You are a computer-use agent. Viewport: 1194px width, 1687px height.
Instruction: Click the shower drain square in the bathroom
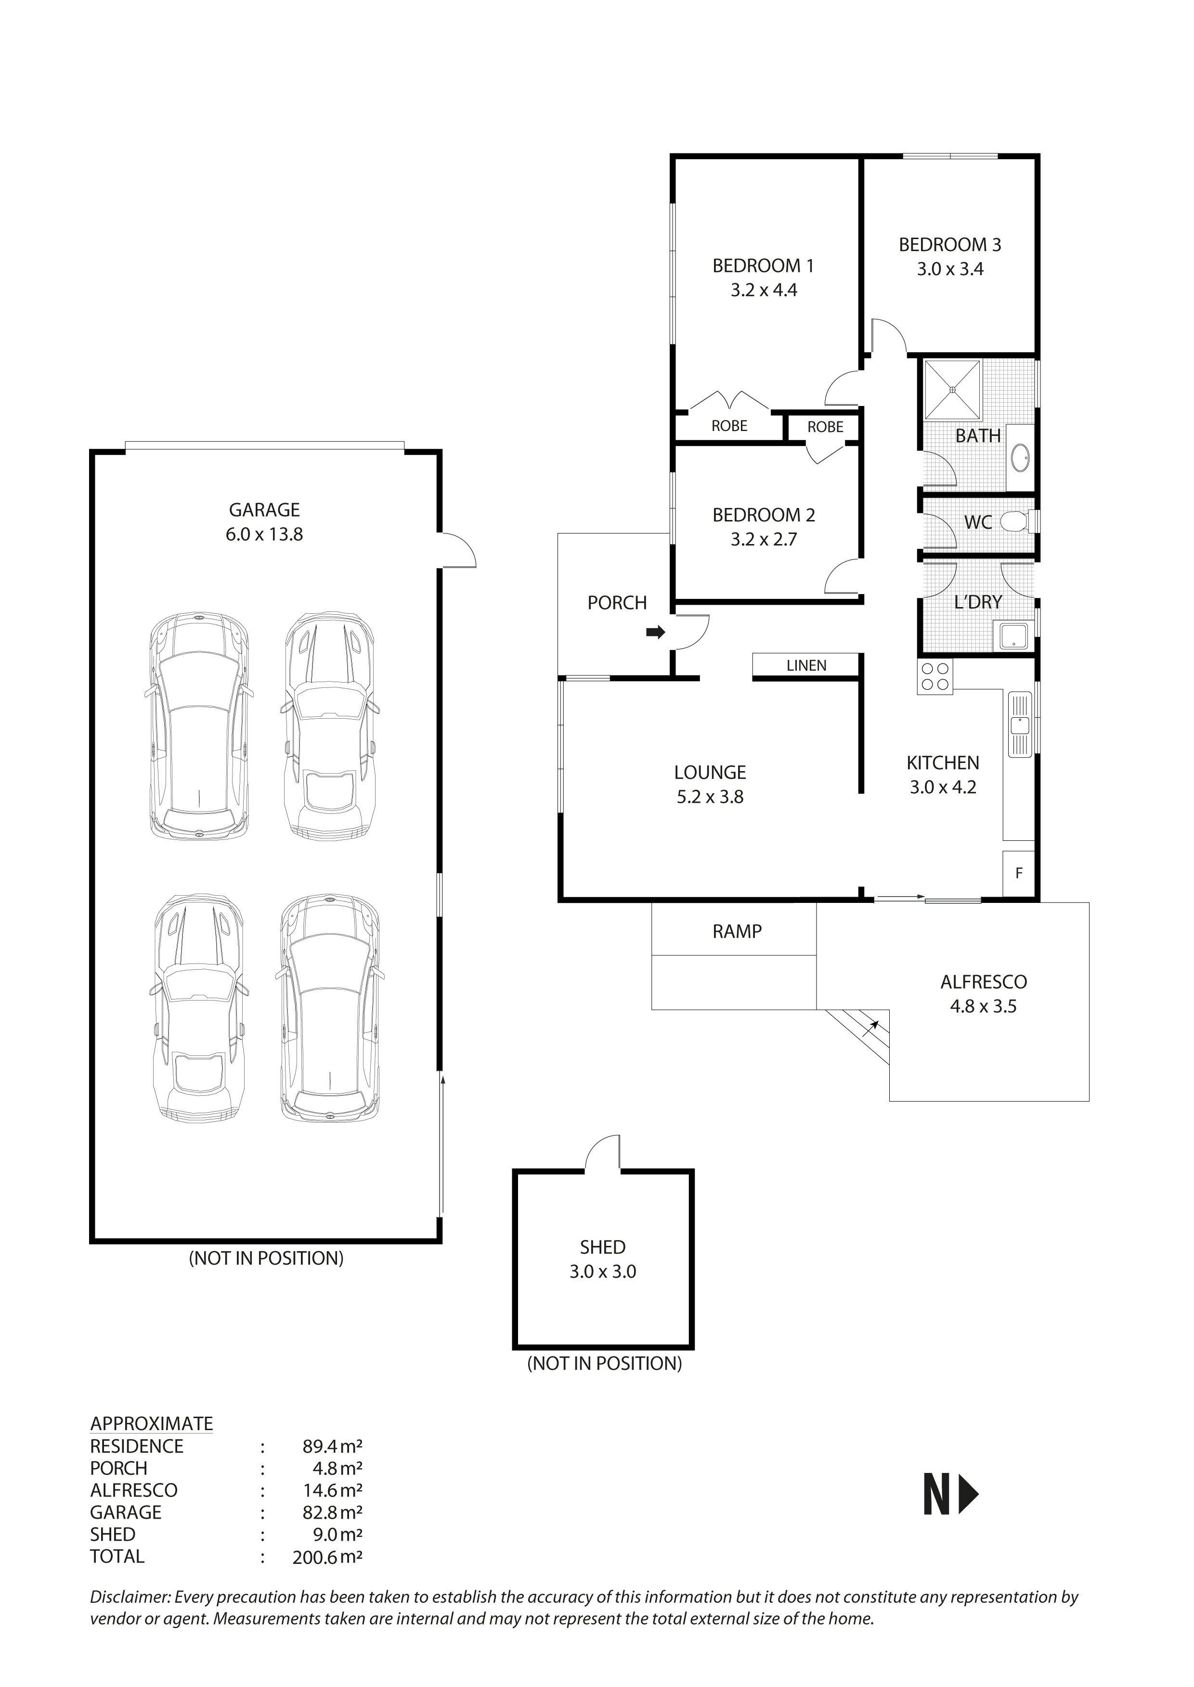[952, 390]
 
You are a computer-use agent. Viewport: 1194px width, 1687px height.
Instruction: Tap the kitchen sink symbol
[1020, 724]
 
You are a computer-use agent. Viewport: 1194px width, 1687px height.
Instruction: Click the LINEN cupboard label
[806, 666]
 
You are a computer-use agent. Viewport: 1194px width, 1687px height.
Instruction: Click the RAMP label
[737, 932]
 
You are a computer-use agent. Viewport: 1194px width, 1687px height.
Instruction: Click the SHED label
[602, 1247]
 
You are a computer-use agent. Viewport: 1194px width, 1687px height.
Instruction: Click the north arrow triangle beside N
[969, 1495]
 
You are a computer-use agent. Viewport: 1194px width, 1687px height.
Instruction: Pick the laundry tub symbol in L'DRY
[1012, 635]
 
